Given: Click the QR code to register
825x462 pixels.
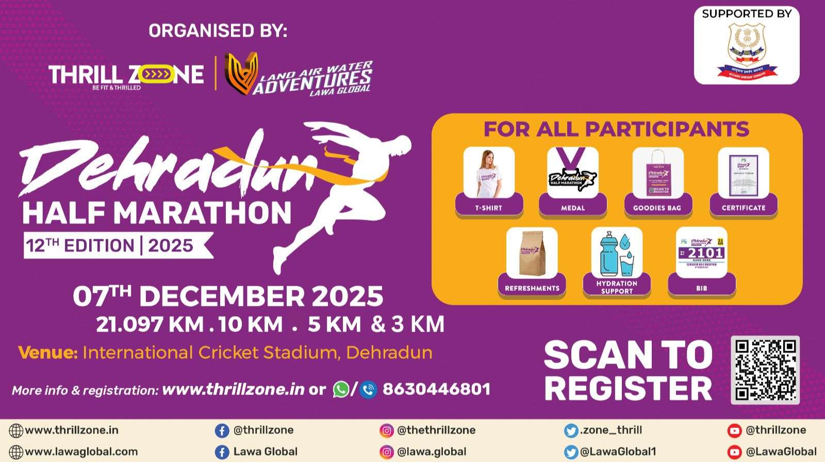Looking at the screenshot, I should tap(765, 370).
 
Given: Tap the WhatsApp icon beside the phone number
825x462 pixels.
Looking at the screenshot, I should tap(341, 389).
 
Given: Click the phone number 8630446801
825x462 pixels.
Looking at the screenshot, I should tap(436, 389).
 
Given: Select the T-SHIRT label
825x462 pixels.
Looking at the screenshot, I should tap(488, 208).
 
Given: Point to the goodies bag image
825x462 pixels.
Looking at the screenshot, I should tap(657, 173).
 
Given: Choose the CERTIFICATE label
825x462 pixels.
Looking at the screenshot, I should tap(743, 208).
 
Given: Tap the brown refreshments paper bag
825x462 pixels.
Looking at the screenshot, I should tap(532, 253).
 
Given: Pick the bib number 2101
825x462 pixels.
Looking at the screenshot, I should tap(705, 253).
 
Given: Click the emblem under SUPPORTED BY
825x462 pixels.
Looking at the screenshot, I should tap(747, 50).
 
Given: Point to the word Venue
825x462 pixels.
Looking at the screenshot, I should tap(47, 353).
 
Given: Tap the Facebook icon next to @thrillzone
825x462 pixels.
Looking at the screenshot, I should tap(222, 431).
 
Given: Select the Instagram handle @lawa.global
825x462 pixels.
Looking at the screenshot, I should tap(432, 452).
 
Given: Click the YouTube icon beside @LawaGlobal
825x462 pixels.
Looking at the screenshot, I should tap(734, 452).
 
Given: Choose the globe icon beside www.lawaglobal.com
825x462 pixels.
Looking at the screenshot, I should tap(16, 452).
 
